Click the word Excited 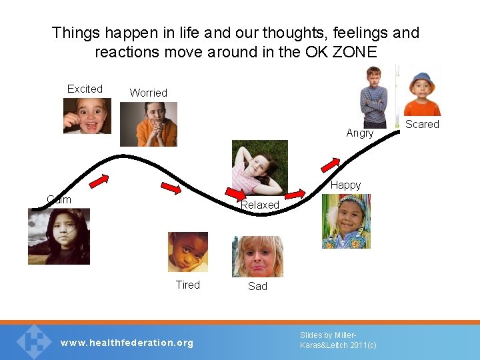click(85, 89)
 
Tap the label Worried click(148, 93)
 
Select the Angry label click(360, 133)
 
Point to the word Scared click(423, 124)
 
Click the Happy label click(345, 185)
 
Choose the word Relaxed click(259, 205)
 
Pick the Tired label click(187, 285)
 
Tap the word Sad click(257, 286)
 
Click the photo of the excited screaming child click(87, 116)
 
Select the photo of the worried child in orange click(148, 124)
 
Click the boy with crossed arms click(373, 97)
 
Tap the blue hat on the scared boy click(421, 79)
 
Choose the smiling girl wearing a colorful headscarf click(346, 221)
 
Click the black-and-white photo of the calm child click(59, 237)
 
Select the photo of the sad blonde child click(257, 257)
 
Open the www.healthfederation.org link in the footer click(127, 343)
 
